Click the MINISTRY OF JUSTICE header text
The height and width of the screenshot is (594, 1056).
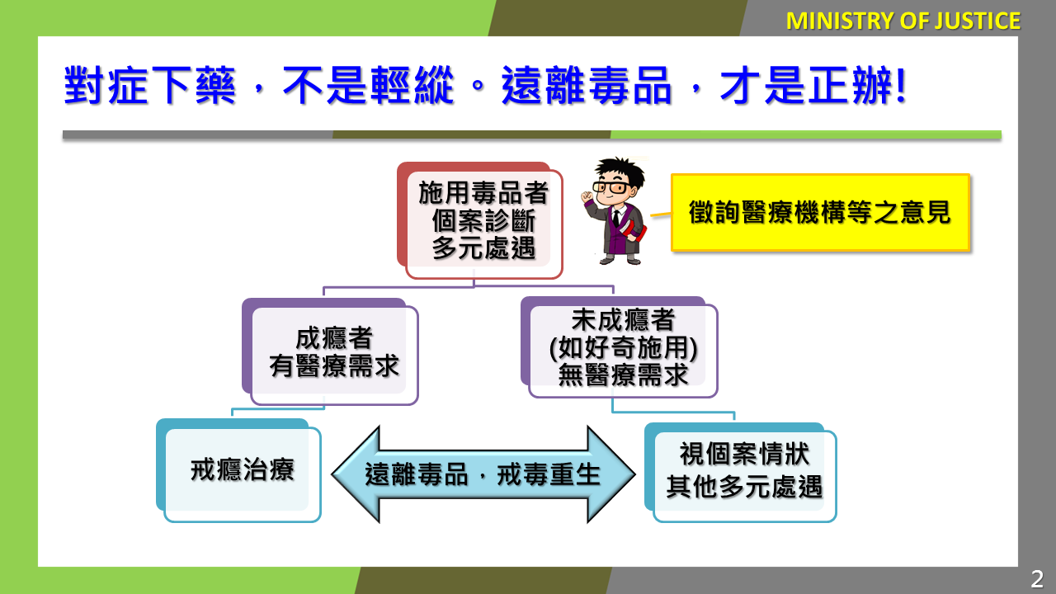click(x=903, y=21)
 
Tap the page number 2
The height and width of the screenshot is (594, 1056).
click(x=1037, y=579)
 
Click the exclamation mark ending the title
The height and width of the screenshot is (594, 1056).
click(x=900, y=85)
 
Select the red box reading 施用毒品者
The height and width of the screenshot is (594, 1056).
click(x=480, y=220)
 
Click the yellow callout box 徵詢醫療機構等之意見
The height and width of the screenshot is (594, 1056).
click(x=820, y=212)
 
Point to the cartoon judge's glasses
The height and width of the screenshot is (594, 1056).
click(x=611, y=187)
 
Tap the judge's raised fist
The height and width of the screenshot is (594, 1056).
click(x=587, y=196)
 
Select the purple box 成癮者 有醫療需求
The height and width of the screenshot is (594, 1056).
click(x=330, y=351)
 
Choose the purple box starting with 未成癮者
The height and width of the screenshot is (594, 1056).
click(x=619, y=347)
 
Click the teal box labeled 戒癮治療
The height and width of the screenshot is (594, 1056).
click(x=238, y=470)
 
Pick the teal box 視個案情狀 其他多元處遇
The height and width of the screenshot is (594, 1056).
click(x=740, y=472)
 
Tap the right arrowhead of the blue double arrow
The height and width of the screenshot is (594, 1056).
click(x=611, y=474)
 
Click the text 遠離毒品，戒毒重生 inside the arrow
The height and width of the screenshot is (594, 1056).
click(x=483, y=474)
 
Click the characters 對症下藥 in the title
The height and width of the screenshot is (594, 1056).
click(x=149, y=85)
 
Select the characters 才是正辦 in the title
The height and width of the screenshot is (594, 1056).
click(x=806, y=85)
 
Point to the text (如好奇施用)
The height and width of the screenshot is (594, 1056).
click(x=623, y=348)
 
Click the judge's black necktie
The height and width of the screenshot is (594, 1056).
click(x=615, y=218)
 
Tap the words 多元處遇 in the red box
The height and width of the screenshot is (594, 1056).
click(x=483, y=248)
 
